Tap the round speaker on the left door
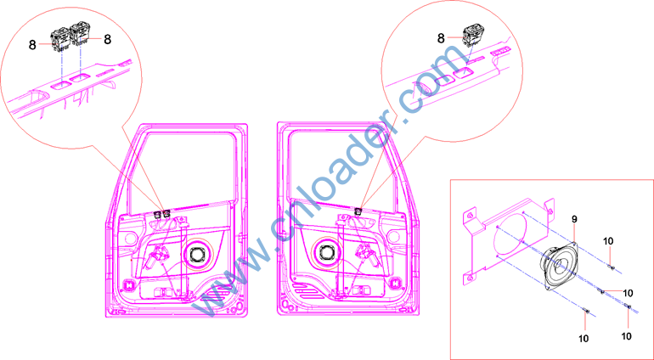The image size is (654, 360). click(x=196, y=253)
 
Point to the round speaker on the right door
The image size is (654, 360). click(x=325, y=252)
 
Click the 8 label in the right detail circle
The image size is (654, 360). click(x=441, y=38)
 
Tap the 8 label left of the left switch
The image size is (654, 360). click(x=32, y=45)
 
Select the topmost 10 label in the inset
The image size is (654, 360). click(x=608, y=241)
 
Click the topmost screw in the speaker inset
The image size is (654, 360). click(x=611, y=267)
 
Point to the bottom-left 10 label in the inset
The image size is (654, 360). click(x=584, y=338)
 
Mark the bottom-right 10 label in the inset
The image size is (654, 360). click(x=627, y=335)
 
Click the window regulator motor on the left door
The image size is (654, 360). click(x=156, y=256)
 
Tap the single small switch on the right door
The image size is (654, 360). click(x=358, y=212)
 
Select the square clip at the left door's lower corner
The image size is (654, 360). click(x=129, y=286)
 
